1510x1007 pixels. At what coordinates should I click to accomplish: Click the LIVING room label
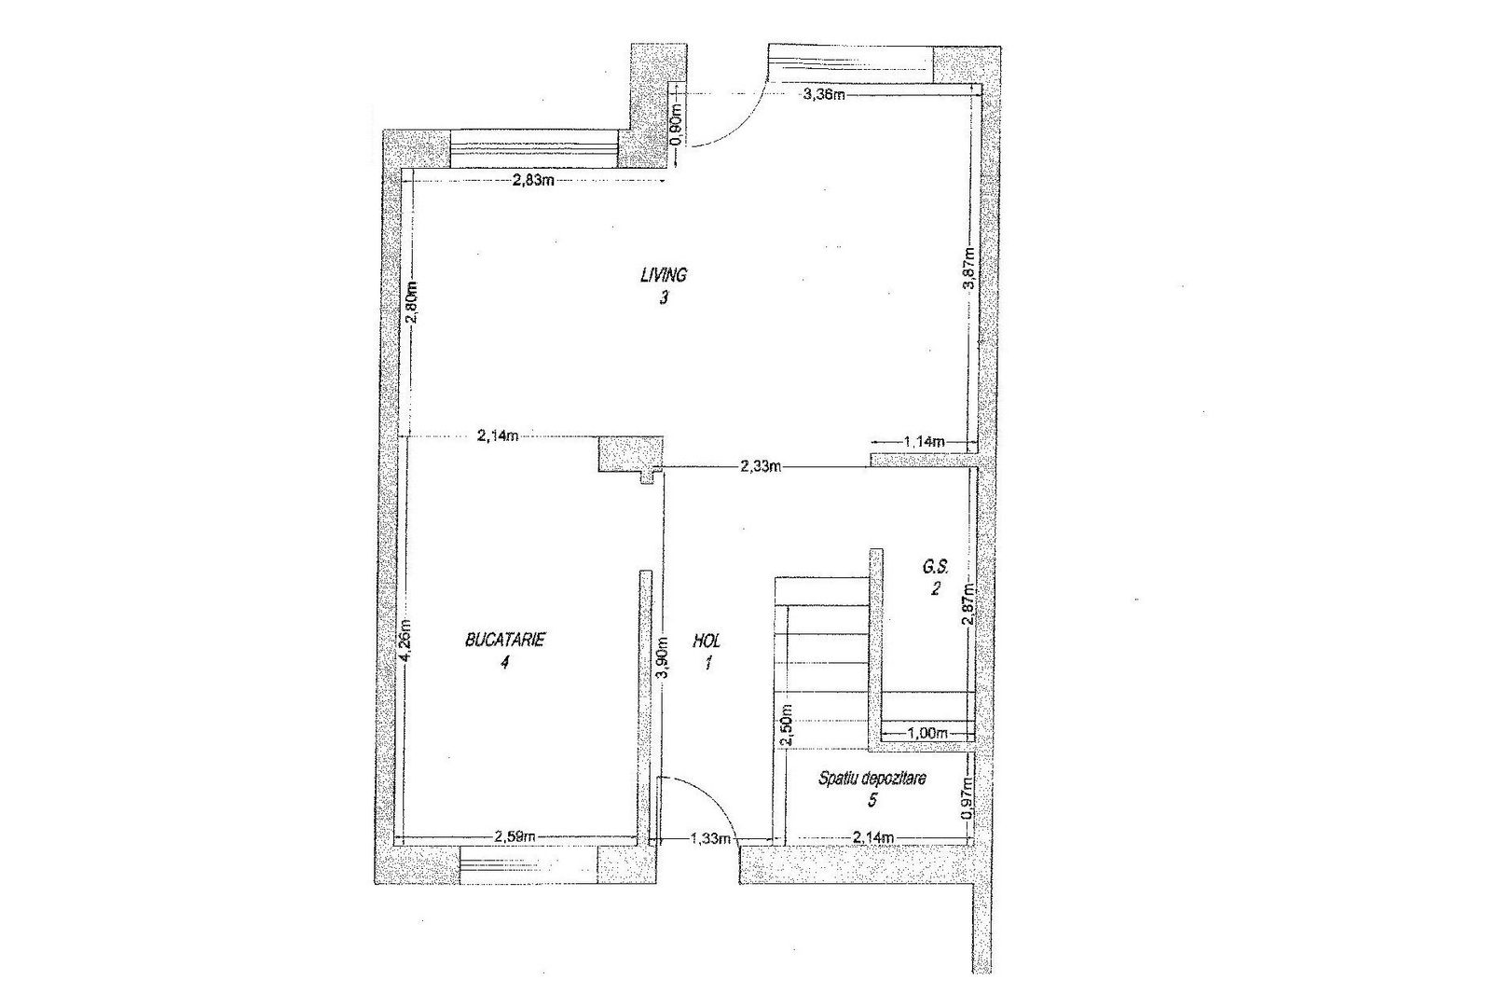coord(664,274)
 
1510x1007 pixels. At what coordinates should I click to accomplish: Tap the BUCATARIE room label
coord(505,640)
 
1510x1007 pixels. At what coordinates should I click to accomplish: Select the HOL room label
coord(707,640)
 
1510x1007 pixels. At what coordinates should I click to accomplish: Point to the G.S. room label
coord(936,567)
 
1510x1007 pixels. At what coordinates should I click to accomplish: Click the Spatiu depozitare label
coord(872,779)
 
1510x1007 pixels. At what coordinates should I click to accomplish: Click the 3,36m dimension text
coord(824,94)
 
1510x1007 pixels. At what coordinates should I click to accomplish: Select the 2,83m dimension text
coord(533,180)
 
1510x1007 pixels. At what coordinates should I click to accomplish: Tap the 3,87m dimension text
coord(969,268)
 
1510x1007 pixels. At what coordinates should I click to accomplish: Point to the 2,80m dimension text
coord(413,302)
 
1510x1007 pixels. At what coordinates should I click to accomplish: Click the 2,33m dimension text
coord(762,467)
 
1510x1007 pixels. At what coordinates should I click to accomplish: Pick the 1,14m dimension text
coord(925,442)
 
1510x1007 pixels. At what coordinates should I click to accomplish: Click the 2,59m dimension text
coord(515,837)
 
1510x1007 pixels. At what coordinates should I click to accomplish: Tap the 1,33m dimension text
coord(710,838)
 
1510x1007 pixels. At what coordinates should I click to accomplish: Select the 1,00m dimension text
coord(927,733)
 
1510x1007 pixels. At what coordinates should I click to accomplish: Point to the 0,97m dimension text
coord(968,798)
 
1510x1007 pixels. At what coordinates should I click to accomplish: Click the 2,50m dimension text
coord(786,724)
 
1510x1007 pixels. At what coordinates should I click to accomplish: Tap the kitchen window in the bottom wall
coord(528,864)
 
